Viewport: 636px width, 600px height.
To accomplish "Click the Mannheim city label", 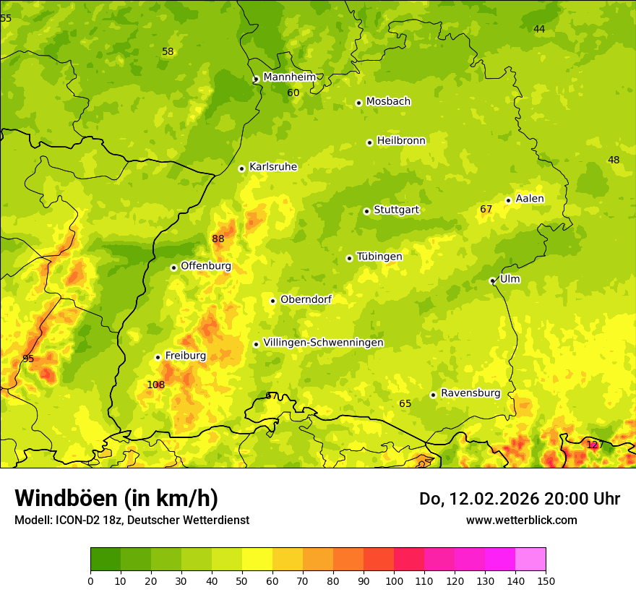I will pyautogui.click(x=289, y=77).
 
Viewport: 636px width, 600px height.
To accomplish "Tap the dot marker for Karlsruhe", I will pyautogui.click(x=242, y=168).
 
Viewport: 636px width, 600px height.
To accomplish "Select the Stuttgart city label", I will pyautogui.click(x=396, y=210).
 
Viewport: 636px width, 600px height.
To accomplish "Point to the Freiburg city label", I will pyautogui.click(x=185, y=356).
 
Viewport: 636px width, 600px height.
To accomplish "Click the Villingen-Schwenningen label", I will pyautogui.click(x=323, y=343).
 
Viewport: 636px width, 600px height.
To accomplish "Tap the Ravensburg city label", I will pyautogui.click(x=470, y=393).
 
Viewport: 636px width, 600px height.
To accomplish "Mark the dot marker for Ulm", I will pyautogui.click(x=492, y=280).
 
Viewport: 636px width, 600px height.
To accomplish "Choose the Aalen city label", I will pyautogui.click(x=530, y=199).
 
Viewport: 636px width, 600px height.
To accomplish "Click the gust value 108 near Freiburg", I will pyautogui.click(x=156, y=385).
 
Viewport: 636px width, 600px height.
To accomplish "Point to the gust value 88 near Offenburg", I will pyautogui.click(x=218, y=239).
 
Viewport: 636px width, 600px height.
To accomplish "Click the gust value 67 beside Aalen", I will pyautogui.click(x=486, y=210).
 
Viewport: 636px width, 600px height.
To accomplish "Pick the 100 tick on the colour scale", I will pyautogui.click(x=394, y=580).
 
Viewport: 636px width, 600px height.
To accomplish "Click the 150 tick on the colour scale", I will pyautogui.click(x=546, y=580).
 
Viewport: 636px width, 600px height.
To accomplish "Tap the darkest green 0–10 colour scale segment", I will pyautogui.click(x=106, y=560).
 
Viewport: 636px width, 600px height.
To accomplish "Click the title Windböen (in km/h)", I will pyautogui.click(x=116, y=498).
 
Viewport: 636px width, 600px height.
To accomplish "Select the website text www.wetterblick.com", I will pyautogui.click(x=521, y=520).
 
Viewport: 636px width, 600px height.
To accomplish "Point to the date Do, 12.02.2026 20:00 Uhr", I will pyautogui.click(x=520, y=499).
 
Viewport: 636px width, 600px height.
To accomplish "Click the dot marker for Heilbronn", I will pyautogui.click(x=369, y=142).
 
